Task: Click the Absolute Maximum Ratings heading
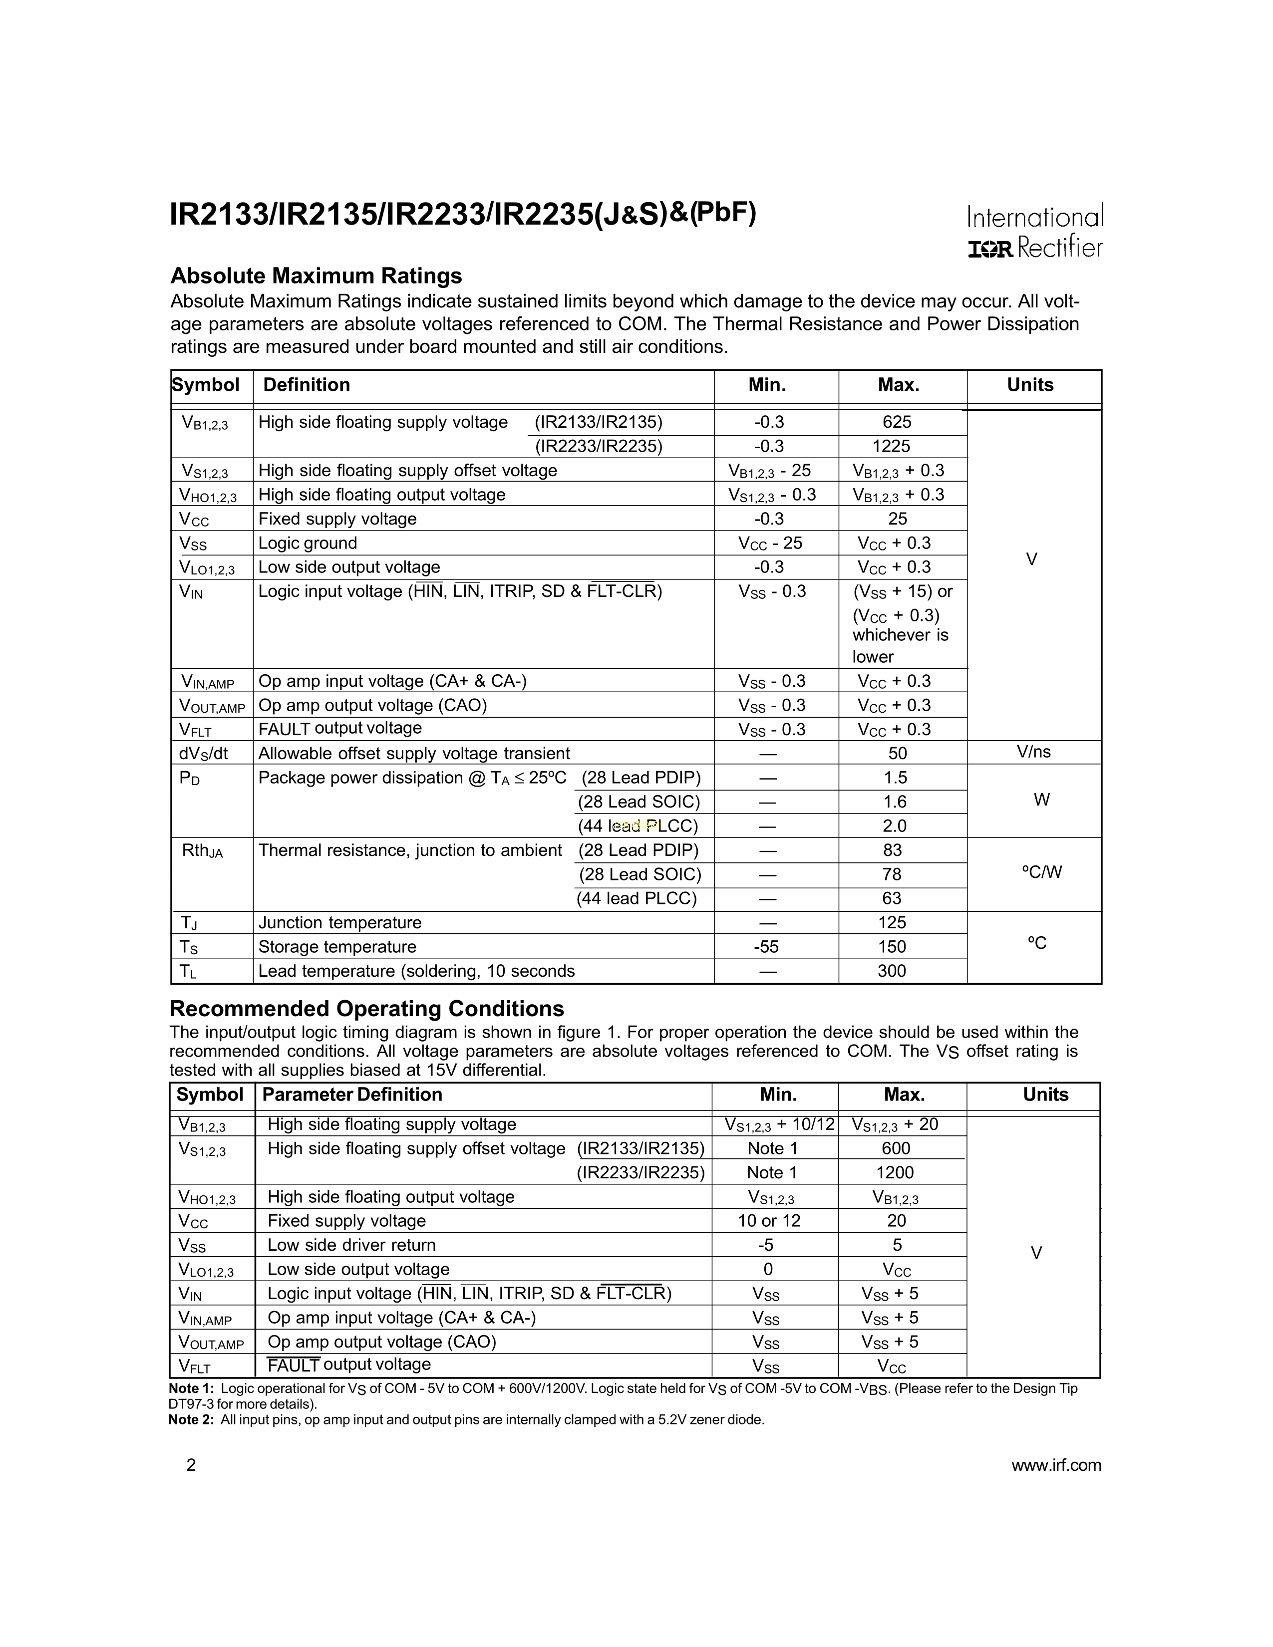(x=316, y=275)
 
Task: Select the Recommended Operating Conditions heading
(x=366, y=1009)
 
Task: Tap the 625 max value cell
(x=897, y=422)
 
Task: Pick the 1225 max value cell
(x=892, y=447)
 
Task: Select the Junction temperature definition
(x=339, y=923)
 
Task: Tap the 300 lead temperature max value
(x=892, y=971)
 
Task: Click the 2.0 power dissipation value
(x=895, y=826)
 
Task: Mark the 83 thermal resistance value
(x=892, y=850)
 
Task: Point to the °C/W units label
(x=1041, y=872)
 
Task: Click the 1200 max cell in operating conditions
(x=895, y=1173)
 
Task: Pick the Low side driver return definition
(x=351, y=1245)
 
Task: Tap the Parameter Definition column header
(x=351, y=1095)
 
